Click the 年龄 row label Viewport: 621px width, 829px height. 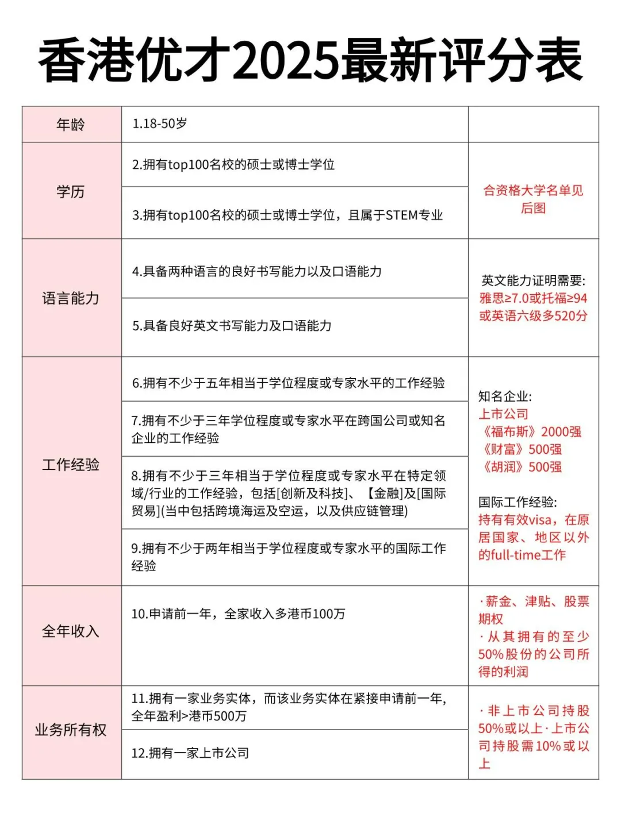71,124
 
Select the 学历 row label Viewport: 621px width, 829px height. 71,191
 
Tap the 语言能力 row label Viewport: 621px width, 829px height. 71,298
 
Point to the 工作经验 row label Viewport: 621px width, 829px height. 71,465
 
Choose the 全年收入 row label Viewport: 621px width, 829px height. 71,631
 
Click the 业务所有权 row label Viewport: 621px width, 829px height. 71,730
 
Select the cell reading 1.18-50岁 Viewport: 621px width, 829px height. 159,124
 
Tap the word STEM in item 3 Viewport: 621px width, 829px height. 401,215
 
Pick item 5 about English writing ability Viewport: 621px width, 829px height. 232,326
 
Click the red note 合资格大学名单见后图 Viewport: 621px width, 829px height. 533,199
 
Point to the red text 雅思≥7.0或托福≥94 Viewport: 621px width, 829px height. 533,298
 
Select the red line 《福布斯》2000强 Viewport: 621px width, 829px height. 530,432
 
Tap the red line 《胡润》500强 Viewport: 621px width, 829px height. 520,467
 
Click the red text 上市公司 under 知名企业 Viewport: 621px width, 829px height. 503,414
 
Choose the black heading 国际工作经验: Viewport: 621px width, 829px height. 517,502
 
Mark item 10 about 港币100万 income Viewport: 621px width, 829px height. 238,614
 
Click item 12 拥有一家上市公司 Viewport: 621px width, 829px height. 190,753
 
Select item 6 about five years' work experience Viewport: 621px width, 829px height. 288,383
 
